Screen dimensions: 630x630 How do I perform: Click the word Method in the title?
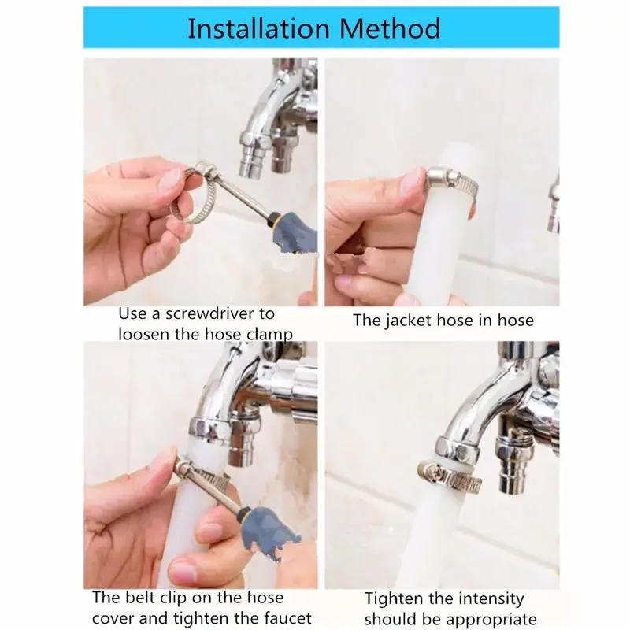pos(390,28)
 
